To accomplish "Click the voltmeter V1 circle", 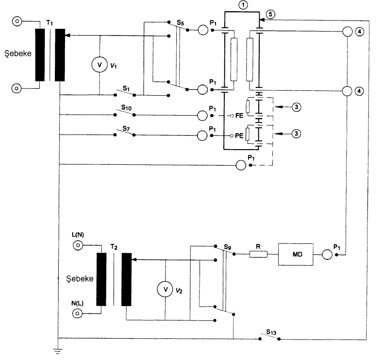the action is [100, 65].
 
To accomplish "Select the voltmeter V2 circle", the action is [165, 289].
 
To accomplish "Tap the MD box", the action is [296, 255].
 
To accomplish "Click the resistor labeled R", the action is [258, 254].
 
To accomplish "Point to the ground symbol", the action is [58, 351].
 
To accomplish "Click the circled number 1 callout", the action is [243, 5].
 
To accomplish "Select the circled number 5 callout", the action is [270, 14].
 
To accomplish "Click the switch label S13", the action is [271, 332].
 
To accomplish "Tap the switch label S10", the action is [126, 107].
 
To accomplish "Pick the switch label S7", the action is [126, 128].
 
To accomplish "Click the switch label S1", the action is [126, 88].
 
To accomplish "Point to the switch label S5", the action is [180, 23].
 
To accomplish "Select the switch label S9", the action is [228, 247].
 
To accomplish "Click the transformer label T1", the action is [50, 23].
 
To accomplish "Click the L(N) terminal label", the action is [78, 235].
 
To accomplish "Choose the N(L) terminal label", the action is [77, 303].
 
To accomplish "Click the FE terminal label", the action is [239, 116].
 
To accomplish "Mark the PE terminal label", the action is [239, 136].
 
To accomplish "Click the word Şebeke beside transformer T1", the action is [18, 53].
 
